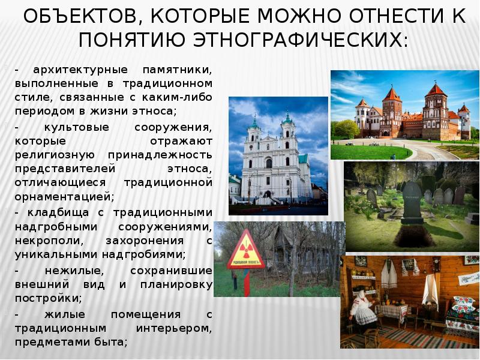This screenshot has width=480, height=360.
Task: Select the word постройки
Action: click(x=43, y=298)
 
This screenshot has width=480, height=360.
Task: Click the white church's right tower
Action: click(x=287, y=129)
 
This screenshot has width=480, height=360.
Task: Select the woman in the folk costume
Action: click(x=362, y=310)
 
